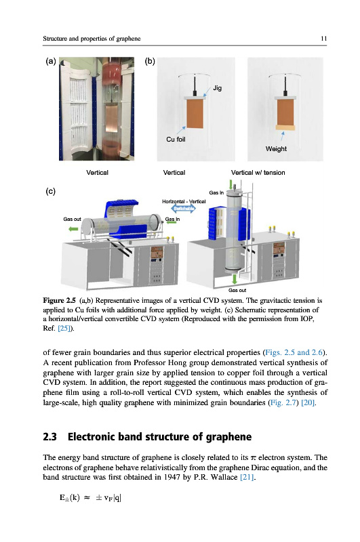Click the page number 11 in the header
323,39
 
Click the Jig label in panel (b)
217,88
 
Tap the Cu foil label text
176,140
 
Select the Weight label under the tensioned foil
276,148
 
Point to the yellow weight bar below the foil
285,127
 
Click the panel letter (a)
51,61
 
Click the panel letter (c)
50,191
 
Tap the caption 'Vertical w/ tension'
258,173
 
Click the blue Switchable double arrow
184,209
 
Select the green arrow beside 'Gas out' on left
73,229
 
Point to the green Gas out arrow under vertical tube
235,278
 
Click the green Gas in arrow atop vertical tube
231,184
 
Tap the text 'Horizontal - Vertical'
184,201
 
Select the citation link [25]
64,328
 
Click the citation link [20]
308,402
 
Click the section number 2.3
49,436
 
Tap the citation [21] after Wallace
247,477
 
